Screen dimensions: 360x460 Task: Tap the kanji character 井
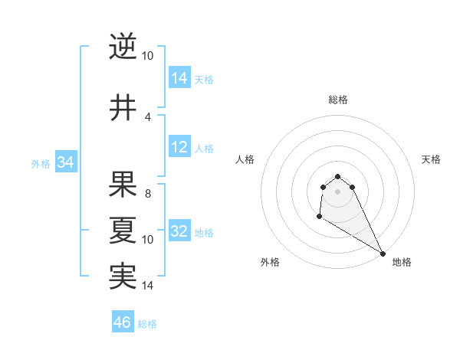tap(123, 108)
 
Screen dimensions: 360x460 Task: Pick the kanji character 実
tap(123, 277)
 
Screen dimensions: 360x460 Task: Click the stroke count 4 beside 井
tap(147, 116)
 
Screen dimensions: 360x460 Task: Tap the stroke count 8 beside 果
tap(147, 194)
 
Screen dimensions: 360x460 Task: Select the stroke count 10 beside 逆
tap(147, 56)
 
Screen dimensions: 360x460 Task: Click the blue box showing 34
tap(65, 162)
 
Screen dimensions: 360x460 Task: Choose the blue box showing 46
tap(123, 322)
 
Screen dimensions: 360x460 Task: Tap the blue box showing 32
tap(179, 232)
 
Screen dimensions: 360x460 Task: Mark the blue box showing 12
tap(179, 147)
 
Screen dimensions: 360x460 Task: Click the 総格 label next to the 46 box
tap(147, 324)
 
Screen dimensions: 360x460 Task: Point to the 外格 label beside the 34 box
tap(41, 163)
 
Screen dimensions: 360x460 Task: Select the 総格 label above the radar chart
tap(337, 100)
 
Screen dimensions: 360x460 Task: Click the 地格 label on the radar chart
tap(402, 262)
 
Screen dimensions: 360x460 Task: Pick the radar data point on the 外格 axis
tap(319, 218)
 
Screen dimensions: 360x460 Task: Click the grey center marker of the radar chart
tap(337, 191)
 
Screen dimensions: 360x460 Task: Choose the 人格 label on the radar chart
tap(245, 159)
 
